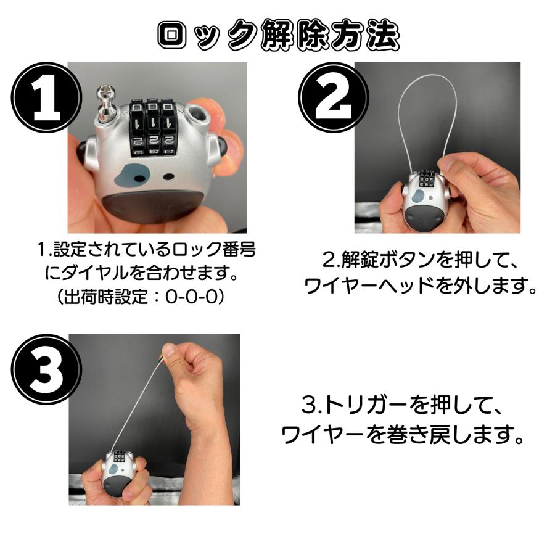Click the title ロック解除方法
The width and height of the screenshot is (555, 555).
(x=279, y=35)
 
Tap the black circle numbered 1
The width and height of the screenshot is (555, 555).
(x=46, y=97)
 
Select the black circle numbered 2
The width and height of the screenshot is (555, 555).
(x=334, y=97)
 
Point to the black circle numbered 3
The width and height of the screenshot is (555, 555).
(x=46, y=369)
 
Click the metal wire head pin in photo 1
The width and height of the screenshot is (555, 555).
(x=104, y=102)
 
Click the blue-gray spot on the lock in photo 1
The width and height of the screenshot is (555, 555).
(x=130, y=176)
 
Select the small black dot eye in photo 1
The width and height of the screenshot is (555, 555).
(x=168, y=176)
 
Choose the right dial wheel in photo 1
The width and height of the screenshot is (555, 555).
(x=169, y=128)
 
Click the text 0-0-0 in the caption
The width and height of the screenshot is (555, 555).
(x=191, y=297)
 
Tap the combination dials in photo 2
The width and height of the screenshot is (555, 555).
(x=426, y=178)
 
